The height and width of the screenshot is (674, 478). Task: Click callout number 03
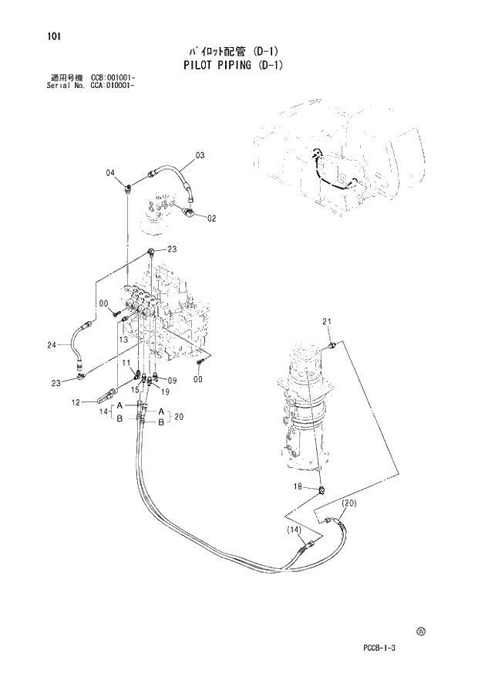point(199,156)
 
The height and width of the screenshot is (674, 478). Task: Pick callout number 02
point(211,218)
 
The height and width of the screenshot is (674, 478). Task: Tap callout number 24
point(52,345)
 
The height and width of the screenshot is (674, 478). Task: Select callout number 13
point(122,339)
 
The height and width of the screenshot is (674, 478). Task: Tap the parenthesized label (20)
point(348,503)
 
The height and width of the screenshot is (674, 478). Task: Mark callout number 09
point(172,380)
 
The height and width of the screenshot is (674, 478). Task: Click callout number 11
point(123,362)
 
